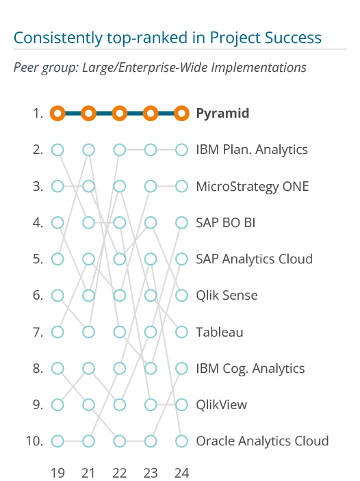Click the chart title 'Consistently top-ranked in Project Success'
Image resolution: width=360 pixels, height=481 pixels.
[x=168, y=38]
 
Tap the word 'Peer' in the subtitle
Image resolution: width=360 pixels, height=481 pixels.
[x=26, y=68]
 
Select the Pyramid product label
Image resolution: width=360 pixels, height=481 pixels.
[x=222, y=114]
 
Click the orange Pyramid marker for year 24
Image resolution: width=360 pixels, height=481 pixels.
[x=181, y=113]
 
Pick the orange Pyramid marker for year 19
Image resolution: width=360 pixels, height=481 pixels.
[x=57, y=113]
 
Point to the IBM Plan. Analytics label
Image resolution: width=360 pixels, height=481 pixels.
[x=252, y=150]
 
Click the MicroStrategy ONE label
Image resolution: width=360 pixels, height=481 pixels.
[x=253, y=186]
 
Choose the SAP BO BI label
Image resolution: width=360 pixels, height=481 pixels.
[x=226, y=222]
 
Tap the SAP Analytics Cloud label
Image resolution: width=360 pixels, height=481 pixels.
[x=255, y=259]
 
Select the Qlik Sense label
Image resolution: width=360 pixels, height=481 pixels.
[x=227, y=296]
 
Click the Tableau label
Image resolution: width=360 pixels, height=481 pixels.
[x=220, y=332]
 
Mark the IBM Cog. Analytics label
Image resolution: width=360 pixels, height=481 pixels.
[x=250, y=368]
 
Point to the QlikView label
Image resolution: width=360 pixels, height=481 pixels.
[x=222, y=405]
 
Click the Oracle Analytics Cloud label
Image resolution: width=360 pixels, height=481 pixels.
[x=262, y=441]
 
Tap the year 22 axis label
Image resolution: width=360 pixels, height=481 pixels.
[x=119, y=473]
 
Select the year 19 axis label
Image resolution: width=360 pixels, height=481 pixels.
[x=57, y=473]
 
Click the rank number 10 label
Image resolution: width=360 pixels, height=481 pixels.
[x=34, y=441]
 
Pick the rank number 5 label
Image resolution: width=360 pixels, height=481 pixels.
[x=38, y=259]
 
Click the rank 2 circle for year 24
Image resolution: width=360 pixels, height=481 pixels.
[x=181, y=150]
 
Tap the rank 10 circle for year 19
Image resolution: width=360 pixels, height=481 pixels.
[x=57, y=441]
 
